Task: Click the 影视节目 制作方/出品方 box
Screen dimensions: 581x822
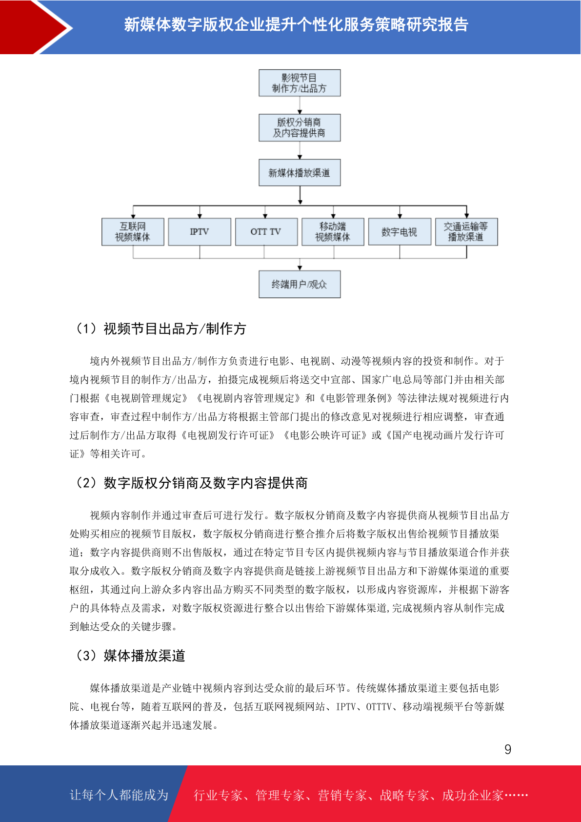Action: pyautogui.click(x=300, y=83)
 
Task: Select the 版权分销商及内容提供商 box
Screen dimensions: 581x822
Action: pyautogui.click(x=300, y=128)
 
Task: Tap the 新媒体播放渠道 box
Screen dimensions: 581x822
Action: pyautogui.click(x=300, y=172)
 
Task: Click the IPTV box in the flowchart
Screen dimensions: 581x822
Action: pyautogui.click(x=200, y=232)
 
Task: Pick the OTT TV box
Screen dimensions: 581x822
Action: pyautogui.click(x=266, y=232)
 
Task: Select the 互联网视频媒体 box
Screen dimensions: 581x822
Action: pyautogui.click(x=133, y=232)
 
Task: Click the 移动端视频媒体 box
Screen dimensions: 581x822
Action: pyautogui.click(x=333, y=232)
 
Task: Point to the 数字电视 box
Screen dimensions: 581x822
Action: pyautogui.click(x=400, y=232)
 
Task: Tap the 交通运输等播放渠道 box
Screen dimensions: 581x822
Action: pyautogui.click(x=466, y=232)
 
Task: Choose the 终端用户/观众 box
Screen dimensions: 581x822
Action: pyautogui.click(x=300, y=285)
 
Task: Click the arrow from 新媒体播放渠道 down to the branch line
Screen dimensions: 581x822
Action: pyautogui.click(x=300, y=195)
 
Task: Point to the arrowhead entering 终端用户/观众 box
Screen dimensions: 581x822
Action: pyautogui.click(x=300, y=268)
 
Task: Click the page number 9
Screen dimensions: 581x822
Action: pyautogui.click(x=508, y=749)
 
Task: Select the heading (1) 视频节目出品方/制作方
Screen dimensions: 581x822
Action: pyautogui.click(x=160, y=329)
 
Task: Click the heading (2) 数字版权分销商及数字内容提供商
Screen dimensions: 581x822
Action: pyautogui.click(x=191, y=483)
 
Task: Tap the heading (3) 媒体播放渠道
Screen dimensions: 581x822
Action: pyautogui.click(x=129, y=656)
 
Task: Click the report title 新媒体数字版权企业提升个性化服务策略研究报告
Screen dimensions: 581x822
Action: pyautogui.click(x=296, y=25)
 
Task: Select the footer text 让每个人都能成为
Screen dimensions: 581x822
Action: pyautogui.click(x=119, y=795)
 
